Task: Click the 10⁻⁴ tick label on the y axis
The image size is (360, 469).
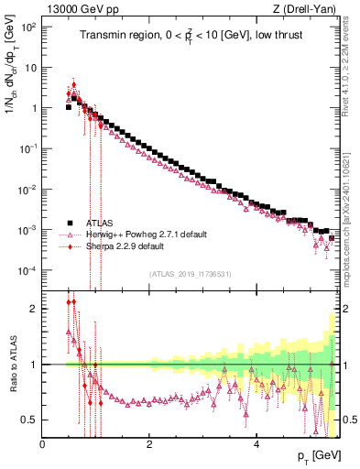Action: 27,271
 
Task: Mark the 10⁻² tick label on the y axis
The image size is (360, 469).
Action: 27,190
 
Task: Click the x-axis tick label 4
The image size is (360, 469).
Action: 256,445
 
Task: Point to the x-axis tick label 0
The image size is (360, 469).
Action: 43,445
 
